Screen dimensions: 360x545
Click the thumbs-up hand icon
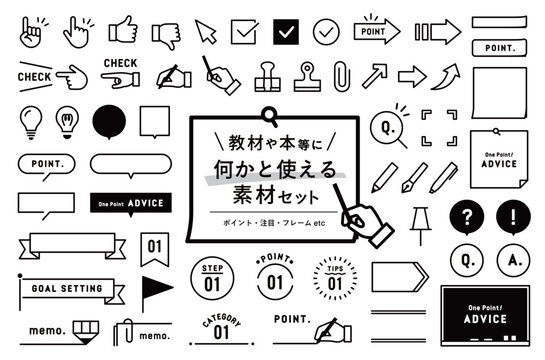pyautogui.click(x=122, y=31)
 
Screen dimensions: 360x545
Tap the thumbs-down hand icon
pyautogui.click(x=165, y=33)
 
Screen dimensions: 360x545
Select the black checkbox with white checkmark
pyautogui.click(x=286, y=32)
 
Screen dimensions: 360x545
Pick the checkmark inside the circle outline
pyautogui.click(x=326, y=32)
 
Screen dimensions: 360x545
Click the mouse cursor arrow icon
pyautogui.click(x=206, y=31)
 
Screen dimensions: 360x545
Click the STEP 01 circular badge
pyautogui.click(x=212, y=276)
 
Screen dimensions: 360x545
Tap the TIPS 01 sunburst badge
pyautogui.click(x=329, y=276)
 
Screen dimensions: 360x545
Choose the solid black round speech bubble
pyautogui.click(x=111, y=123)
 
